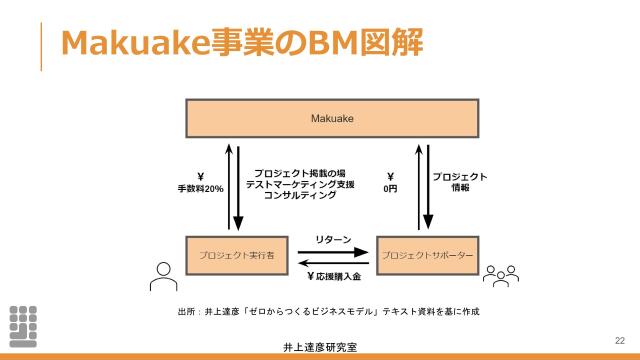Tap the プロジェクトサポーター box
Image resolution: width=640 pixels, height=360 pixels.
coord(427,256)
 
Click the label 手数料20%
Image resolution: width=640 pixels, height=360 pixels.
coord(201,188)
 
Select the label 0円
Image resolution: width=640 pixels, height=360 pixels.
coord(391,188)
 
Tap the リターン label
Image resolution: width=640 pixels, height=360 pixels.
coord(333,240)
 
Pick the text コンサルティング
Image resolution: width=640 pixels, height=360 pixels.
coord(300,195)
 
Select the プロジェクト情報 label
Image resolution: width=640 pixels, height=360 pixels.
coord(460,181)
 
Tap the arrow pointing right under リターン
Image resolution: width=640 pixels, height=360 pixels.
coord(333,251)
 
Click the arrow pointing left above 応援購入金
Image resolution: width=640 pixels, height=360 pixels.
coord(333,263)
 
